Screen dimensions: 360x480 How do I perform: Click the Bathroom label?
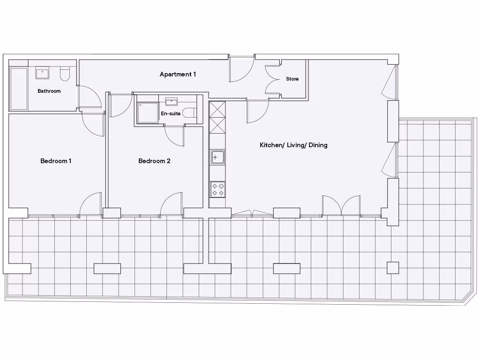[49, 91]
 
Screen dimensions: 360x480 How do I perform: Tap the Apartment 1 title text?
[178, 74]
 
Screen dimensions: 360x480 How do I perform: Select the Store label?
[292, 79]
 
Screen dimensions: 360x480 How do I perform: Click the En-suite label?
[171, 113]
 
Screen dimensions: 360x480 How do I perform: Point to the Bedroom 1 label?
[56, 161]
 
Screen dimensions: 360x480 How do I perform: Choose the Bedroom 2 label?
[154, 161]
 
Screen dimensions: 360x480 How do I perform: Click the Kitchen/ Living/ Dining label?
[293, 145]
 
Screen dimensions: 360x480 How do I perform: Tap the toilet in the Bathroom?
[65, 74]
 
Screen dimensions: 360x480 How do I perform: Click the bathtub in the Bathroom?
[19, 89]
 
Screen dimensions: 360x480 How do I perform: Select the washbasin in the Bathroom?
[43, 73]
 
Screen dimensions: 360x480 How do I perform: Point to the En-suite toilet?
[189, 112]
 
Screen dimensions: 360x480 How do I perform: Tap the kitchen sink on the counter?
[217, 157]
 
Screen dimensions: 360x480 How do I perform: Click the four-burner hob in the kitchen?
[217, 189]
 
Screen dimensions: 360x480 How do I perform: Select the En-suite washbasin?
[171, 101]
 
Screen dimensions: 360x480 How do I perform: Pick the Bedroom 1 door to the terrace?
[92, 205]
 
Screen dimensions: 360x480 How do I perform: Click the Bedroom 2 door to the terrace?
[172, 205]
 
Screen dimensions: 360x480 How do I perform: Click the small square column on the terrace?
[393, 268]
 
